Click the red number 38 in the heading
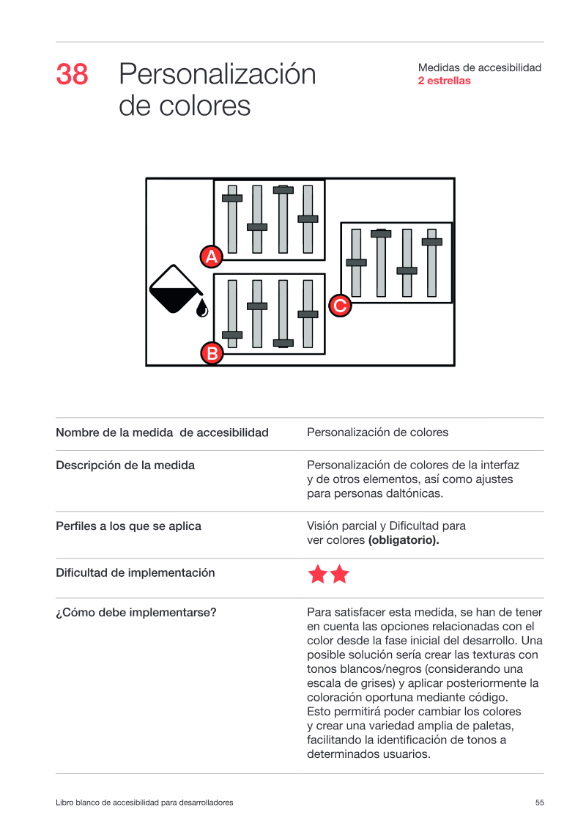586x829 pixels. coord(72,74)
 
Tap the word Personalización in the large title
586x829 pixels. coord(217,75)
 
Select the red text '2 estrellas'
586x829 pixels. coord(444,81)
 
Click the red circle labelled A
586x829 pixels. coord(212,257)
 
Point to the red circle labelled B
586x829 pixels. coord(212,353)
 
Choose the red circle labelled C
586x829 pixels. coord(340,306)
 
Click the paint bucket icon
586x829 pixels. coord(175,289)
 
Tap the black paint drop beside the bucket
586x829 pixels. coord(202,309)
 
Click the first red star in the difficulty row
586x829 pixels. coord(318,574)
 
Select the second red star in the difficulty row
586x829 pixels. coord(339,574)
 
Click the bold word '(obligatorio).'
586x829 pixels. coord(404,540)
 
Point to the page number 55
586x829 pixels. coord(540,803)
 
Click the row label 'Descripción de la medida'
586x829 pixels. coord(125,465)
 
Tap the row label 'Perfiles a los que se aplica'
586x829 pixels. coord(128,526)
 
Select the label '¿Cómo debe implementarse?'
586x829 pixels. coord(136,612)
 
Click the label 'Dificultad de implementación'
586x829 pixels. coord(136,572)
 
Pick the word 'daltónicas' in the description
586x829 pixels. coord(415,493)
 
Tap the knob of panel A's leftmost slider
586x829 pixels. coord(232,198)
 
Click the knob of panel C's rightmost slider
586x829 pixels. coord(431,242)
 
